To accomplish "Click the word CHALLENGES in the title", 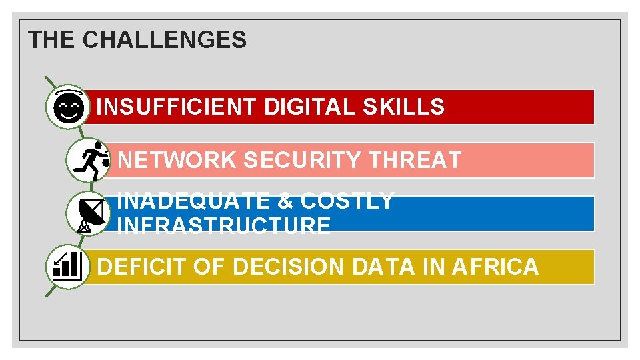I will click(x=164, y=41).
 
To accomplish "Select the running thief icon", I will click(x=89, y=160).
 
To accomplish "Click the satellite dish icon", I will click(x=89, y=214).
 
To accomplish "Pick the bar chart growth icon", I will click(x=67, y=266).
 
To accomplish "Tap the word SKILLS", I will click(x=403, y=107).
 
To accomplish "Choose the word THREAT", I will click(x=415, y=161).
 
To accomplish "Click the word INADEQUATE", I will click(x=193, y=201).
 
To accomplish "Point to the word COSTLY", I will click(x=347, y=201).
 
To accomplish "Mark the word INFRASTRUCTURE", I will click(x=223, y=225).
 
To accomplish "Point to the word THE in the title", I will click(x=52, y=41).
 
